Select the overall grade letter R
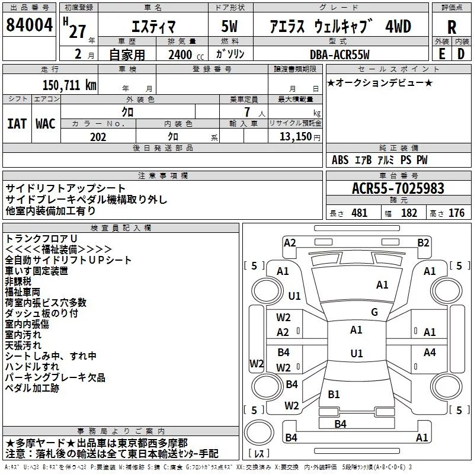pos(451,27)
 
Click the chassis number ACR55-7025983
pos(398,188)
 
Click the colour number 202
pos(98,137)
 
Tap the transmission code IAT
pos(17,123)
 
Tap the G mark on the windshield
pos(374,312)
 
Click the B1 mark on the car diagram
pos(334,394)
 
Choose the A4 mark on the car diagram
pos(430,353)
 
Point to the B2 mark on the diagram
pos(423,242)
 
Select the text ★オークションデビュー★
pos(379,82)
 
